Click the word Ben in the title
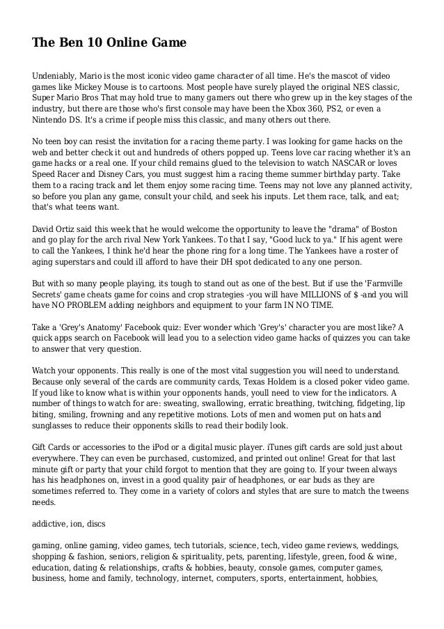tap(70, 44)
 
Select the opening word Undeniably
tap(58, 75)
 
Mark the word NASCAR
tap(324, 164)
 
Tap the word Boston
tap(392, 229)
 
